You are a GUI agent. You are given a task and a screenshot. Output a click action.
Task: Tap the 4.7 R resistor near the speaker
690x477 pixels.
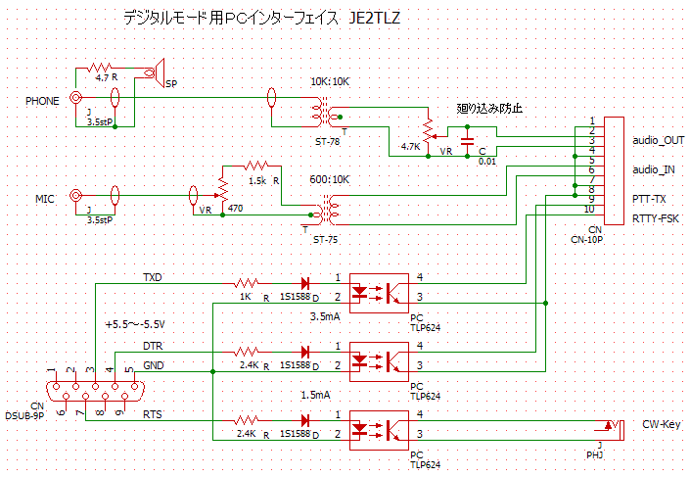[x=101, y=70]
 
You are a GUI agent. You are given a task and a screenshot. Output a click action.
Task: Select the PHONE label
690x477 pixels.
[x=42, y=100]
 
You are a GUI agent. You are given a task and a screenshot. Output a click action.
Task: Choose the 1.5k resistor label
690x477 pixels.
[x=256, y=181]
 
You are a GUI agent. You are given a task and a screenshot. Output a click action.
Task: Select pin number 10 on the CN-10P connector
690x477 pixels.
[x=589, y=209]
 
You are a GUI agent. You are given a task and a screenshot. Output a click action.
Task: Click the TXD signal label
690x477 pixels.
[x=154, y=277]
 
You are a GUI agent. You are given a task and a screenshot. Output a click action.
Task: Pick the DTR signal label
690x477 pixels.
[x=153, y=346]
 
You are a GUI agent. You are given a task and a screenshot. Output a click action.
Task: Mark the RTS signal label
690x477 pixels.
[x=153, y=415]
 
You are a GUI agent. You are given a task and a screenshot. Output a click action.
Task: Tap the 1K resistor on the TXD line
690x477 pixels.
[x=245, y=283]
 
